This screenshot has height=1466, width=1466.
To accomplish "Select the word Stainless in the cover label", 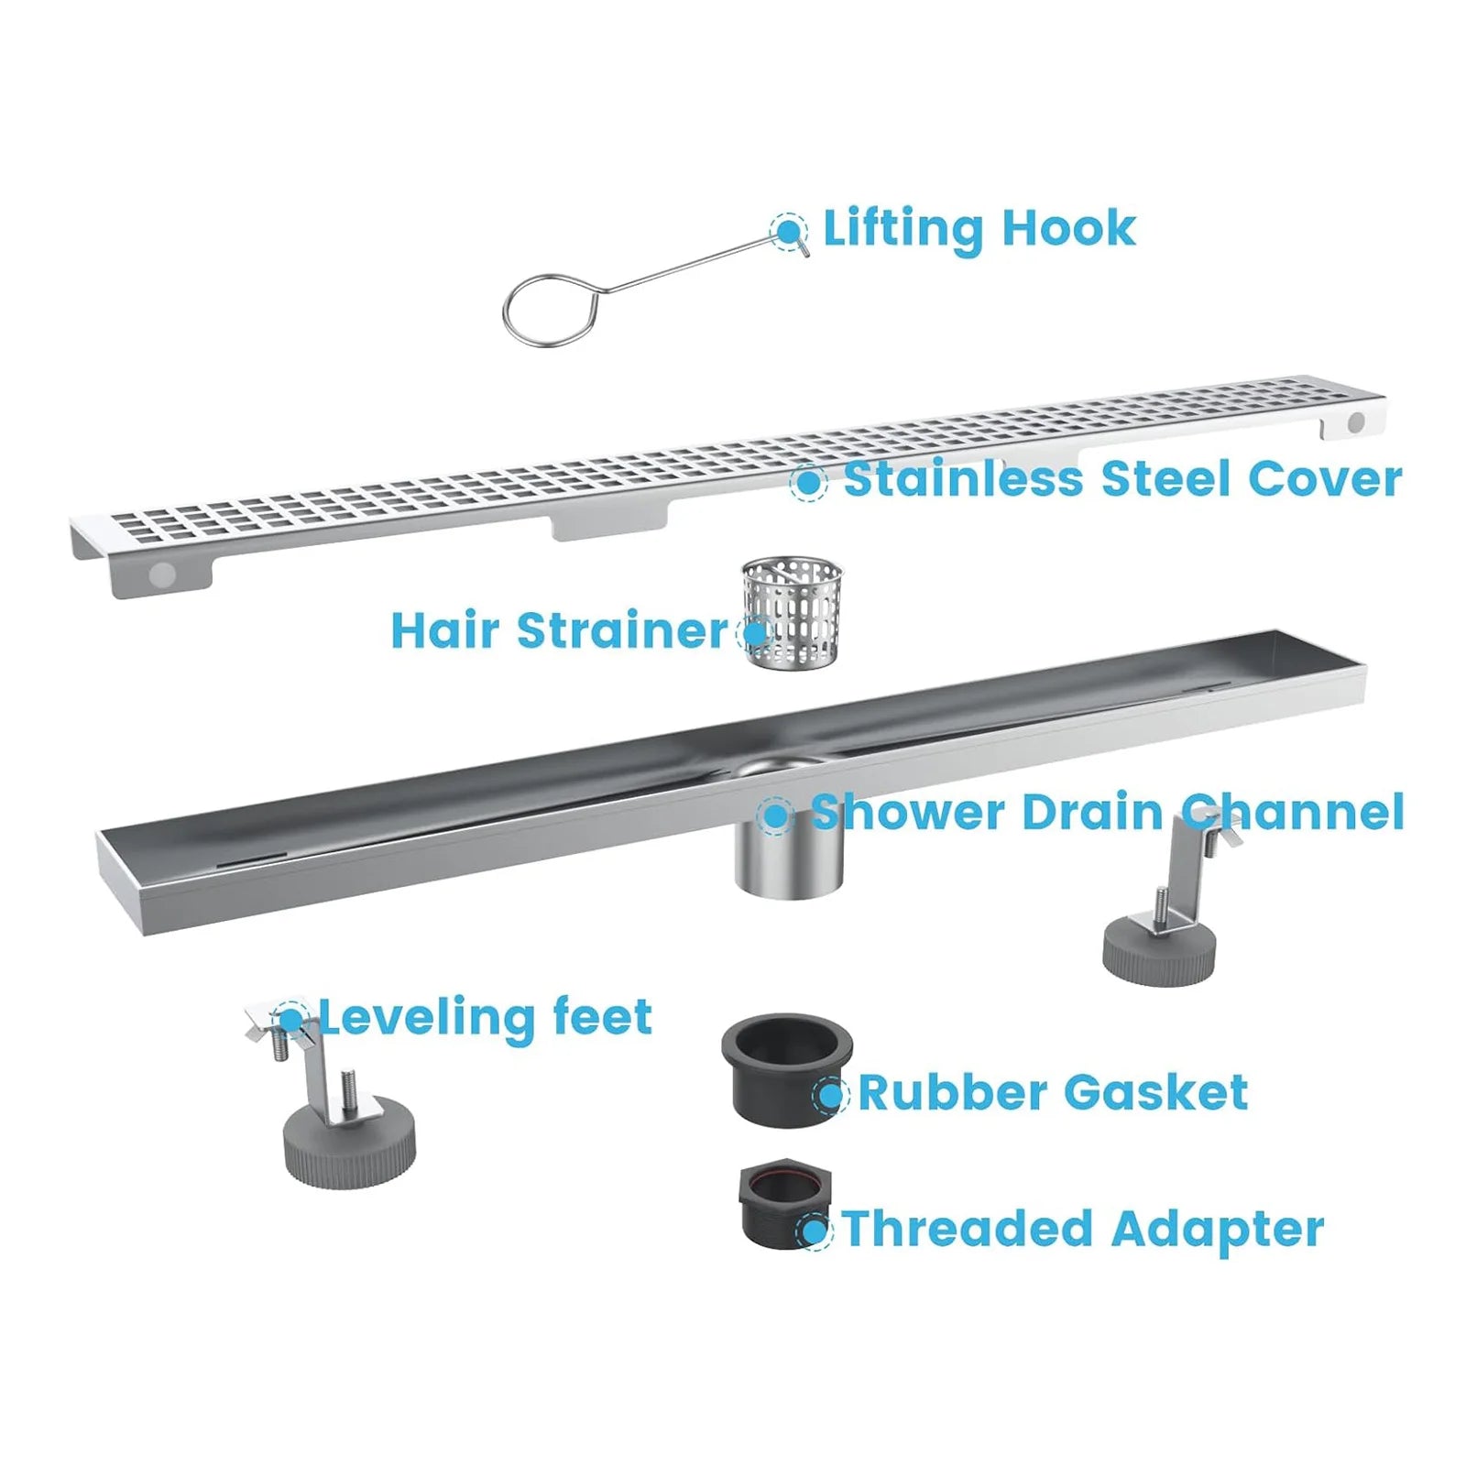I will [x=962, y=479].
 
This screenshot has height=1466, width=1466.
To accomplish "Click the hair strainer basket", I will [x=792, y=611].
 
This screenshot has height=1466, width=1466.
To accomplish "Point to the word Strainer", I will [x=622, y=630].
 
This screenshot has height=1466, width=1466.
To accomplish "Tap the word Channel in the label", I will [x=1292, y=812].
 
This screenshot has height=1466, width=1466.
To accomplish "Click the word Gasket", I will [x=1155, y=1092].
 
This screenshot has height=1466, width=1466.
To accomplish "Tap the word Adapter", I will [x=1219, y=1229].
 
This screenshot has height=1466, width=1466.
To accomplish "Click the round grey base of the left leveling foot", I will [x=349, y=1145].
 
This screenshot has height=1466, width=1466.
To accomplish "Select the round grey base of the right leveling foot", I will [x=1159, y=953].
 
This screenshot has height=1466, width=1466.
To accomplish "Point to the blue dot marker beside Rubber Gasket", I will [x=830, y=1093].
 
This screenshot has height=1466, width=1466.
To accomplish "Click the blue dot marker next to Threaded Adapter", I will [x=814, y=1230].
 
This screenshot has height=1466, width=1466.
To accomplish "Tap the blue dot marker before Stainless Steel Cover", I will [x=808, y=481].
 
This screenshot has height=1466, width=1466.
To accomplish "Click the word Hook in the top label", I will [x=1068, y=228].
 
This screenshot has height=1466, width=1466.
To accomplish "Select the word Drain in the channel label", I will [x=1091, y=812].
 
